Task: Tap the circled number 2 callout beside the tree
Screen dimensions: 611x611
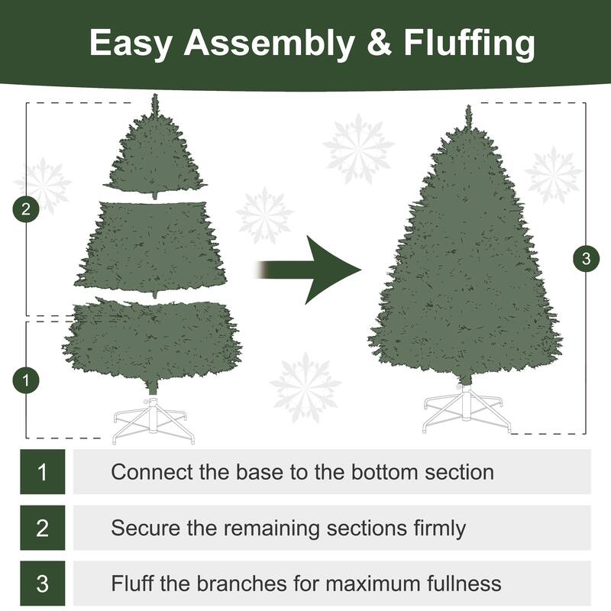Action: coord(27,210)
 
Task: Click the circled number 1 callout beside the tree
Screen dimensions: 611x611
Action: coord(27,380)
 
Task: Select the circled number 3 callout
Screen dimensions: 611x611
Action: coord(586,259)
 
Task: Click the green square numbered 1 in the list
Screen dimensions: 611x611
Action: coord(42,471)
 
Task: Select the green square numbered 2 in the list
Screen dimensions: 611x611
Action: coord(42,528)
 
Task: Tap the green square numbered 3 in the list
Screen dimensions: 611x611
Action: coord(42,584)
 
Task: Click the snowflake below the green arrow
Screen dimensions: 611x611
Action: coord(306,386)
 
